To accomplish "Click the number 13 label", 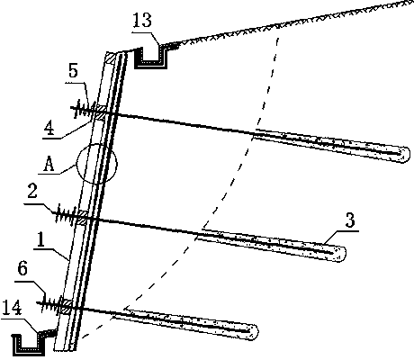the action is pyautogui.click(x=142, y=21).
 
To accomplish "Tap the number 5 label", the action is pyautogui.click(x=73, y=72).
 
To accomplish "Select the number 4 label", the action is pyautogui.click(x=49, y=129).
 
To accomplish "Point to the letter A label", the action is pyautogui.click(x=49, y=165).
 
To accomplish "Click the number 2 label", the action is pyautogui.click(x=32, y=192).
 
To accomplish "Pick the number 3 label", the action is pyautogui.click(x=350, y=220).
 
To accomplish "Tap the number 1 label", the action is pyautogui.click(x=40, y=239).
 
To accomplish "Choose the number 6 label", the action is pyautogui.click(x=22, y=268).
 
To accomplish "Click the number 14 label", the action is pyautogui.click(x=12, y=308).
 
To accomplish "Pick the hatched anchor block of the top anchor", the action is pyautogui.click(x=100, y=112).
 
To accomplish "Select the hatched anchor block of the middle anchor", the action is pyautogui.click(x=82, y=217).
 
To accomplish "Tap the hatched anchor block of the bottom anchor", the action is pyautogui.click(x=66, y=307).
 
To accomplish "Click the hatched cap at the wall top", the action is pyautogui.click(x=110, y=58).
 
